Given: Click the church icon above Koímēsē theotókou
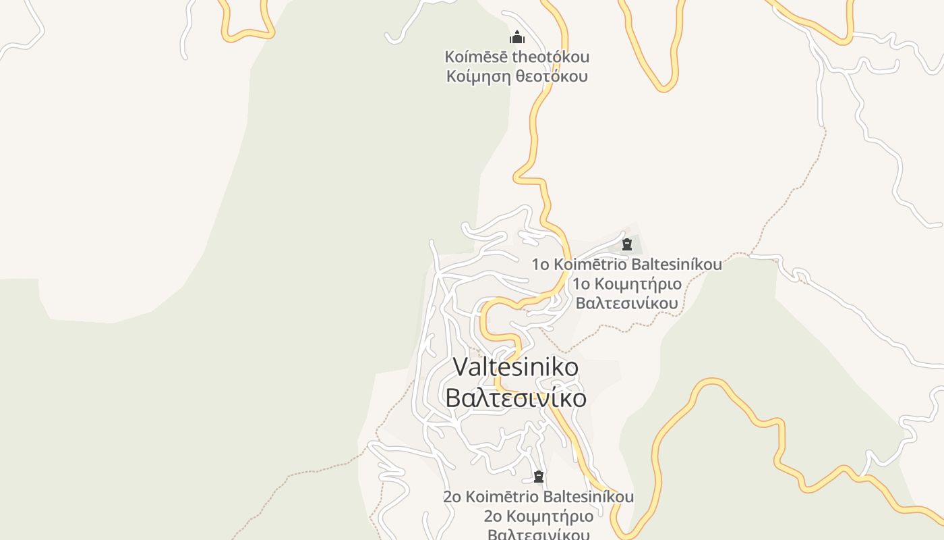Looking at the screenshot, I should coord(517,37).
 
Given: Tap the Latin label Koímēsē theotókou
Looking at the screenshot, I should coord(517,57).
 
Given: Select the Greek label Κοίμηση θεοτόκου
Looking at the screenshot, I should coord(517,76).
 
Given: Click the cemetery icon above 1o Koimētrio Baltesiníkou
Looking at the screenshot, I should coord(627,244).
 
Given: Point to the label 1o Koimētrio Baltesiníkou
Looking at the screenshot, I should coord(627,264).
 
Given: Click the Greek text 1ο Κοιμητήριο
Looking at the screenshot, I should coord(627,283).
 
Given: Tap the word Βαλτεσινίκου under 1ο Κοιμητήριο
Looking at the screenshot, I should coord(627,303).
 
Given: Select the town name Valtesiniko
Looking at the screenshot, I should coord(516,367).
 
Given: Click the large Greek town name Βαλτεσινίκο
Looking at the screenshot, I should coord(516,398).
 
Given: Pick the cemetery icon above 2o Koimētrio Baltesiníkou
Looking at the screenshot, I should coord(539,477).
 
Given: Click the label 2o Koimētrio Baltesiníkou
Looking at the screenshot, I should coord(539,497).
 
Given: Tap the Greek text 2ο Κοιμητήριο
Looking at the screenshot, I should coord(539,516).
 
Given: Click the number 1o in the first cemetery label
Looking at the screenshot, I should coord(541,264).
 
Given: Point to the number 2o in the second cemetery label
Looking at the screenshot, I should coord(452,497).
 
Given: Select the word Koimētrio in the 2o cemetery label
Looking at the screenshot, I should coord(502,497).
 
